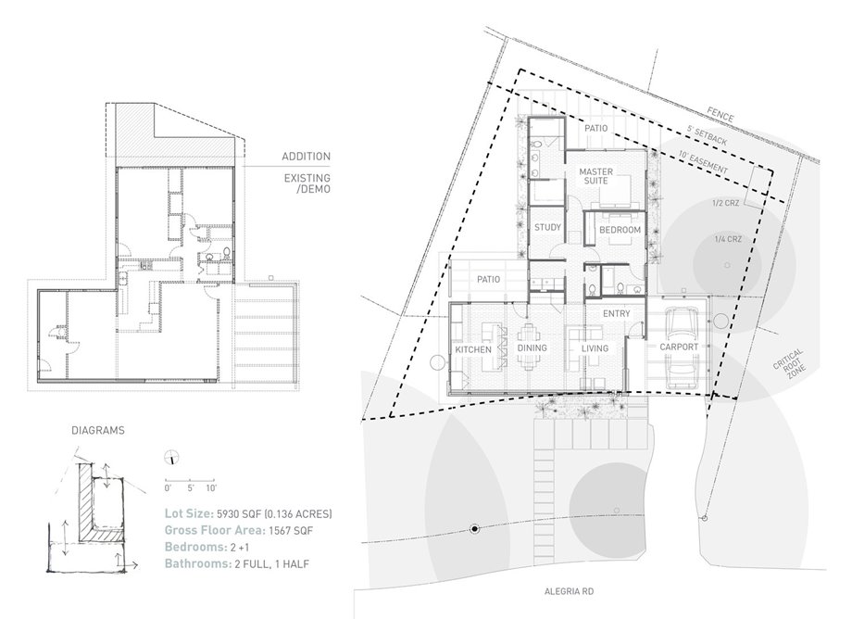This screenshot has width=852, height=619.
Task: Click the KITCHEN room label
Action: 472,349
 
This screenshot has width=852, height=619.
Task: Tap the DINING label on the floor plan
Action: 532,348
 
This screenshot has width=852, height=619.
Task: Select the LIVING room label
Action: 595,348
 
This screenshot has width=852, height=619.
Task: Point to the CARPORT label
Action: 679,347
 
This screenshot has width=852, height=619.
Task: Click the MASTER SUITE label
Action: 596,176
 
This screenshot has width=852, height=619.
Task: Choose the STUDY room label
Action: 547,228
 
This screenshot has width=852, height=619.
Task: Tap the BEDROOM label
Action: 620,230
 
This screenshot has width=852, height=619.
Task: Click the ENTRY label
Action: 616,313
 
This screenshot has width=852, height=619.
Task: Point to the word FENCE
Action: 720,115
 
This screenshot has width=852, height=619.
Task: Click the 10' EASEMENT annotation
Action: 703,162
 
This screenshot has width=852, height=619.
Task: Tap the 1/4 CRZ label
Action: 728,239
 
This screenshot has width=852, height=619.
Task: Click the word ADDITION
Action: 306,157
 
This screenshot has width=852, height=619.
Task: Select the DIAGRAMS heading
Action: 98,430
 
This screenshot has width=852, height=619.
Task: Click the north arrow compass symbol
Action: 172,458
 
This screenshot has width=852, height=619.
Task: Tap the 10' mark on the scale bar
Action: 211,488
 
